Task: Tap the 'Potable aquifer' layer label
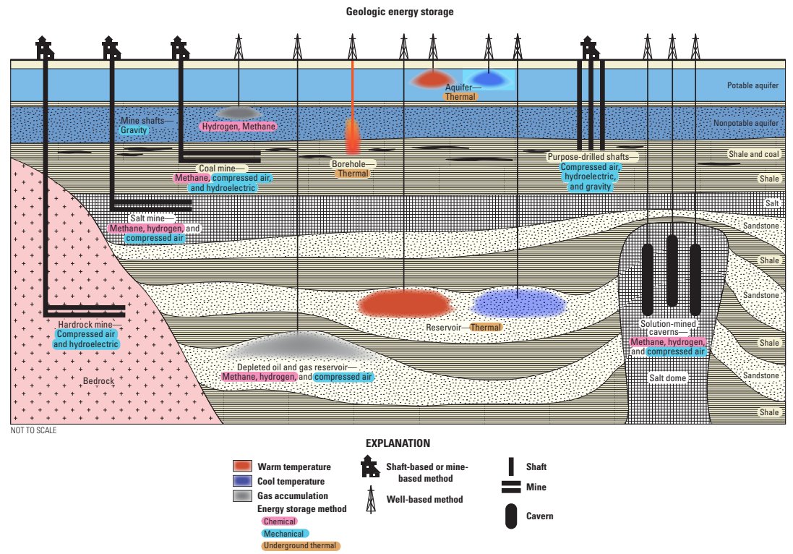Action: point(753,86)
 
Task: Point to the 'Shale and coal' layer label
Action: point(754,155)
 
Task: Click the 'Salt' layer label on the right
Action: point(772,203)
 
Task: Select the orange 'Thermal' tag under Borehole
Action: point(353,174)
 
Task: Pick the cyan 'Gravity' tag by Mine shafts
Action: point(134,130)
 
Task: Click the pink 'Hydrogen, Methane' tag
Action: point(239,127)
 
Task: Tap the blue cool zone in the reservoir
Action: point(517,303)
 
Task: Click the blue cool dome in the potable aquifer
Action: point(488,79)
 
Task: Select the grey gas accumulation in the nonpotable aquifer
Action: point(239,112)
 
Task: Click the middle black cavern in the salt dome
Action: point(672,270)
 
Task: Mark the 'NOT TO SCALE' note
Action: point(33,430)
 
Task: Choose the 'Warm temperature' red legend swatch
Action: point(242,466)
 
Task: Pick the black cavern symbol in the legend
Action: point(511,516)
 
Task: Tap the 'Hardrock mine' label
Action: point(85,325)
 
